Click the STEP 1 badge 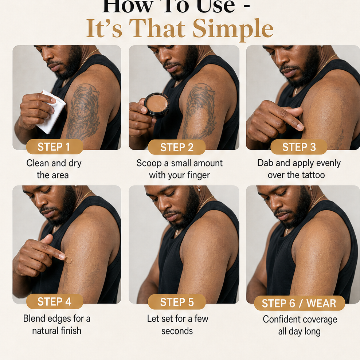pyautogui.click(x=55, y=146)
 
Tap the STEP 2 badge pyautogui.click(x=177, y=147)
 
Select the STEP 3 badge pyautogui.click(x=299, y=147)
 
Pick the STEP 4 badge pyautogui.click(x=55, y=301)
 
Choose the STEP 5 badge pyautogui.click(x=177, y=302)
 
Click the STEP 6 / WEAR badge pyautogui.click(x=300, y=303)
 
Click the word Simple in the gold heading pyautogui.click(x=233, y=29)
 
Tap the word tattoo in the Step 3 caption pyautogui.click(x=313, y=175)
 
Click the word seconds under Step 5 pyautogui.click(x=177, y=331)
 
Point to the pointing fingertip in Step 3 pyautogui.click(x=300, y=126)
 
